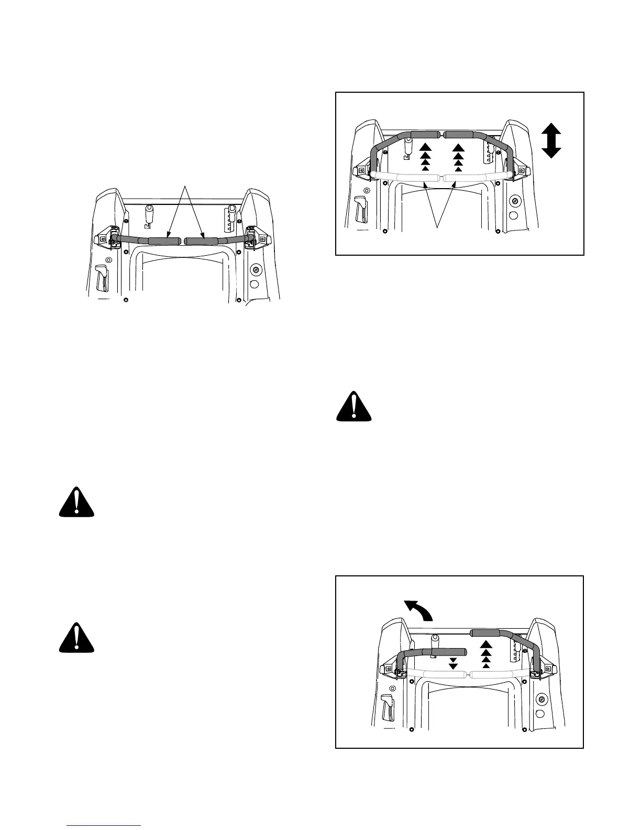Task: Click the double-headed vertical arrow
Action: (x=551, y=140)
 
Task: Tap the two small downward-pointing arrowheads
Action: (x=454, y=663)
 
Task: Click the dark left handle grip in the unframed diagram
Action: (x=164, y=241)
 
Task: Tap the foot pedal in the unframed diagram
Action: (x=102, y=278)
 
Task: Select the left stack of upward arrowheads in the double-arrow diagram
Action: (x=425, y=156)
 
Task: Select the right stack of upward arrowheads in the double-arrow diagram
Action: (x=459, y=156)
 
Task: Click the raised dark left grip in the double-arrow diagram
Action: (x=425, y=135)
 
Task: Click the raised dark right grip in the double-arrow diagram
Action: (x=459, y=135)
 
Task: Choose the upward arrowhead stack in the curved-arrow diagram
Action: (x=486, y=653)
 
